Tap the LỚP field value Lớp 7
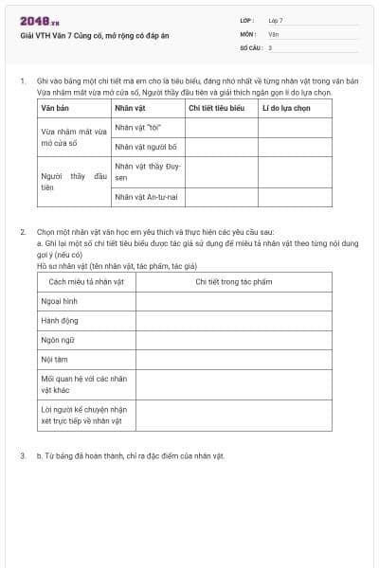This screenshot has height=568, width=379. pyautogui.click(x=276, y=20)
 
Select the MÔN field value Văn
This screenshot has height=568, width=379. pyautogui.click(x=274, y=33)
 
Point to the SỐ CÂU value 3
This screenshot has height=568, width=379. pyautogui.click(x=270, y=47)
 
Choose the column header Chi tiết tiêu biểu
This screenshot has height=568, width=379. pyautogui.click(x=217, y=109)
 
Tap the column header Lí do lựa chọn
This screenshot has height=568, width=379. pyautogui.click(x=286, y=109)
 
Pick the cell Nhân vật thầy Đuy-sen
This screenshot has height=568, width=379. pyautogui.click(x=147, y=171)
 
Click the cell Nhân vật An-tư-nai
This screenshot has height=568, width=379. pyautogui.click(x=147, y=197)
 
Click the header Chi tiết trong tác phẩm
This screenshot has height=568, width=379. pyautogui.click(x=233, y=282)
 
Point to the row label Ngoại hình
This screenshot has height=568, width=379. pyautogui.click(x=59, y=302)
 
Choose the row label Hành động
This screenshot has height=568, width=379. pyautogui.click(x=60, y=321)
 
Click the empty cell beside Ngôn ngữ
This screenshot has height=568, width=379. pyautogui.click(x=233, y=340)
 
